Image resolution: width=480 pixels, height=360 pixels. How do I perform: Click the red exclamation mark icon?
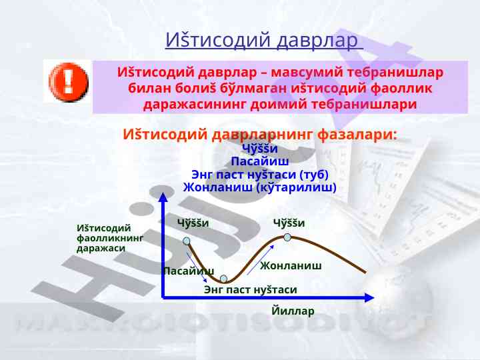69,82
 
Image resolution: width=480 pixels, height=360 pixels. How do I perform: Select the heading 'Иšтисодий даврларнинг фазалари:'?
259,134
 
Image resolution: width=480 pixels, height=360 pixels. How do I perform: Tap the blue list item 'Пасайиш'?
259,161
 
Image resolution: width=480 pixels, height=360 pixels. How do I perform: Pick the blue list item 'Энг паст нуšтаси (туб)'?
260,175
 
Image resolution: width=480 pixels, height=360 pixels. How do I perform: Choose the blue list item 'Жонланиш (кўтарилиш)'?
259,187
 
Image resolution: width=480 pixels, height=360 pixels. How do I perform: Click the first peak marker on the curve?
187,241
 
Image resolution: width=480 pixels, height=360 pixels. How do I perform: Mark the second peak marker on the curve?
287,237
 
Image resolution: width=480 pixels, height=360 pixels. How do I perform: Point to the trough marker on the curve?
224,279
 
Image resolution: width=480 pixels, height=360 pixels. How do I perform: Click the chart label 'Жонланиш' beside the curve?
291,265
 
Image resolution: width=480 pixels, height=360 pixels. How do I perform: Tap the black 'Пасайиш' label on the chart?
189,271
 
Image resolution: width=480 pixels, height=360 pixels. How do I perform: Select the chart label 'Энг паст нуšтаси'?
251,289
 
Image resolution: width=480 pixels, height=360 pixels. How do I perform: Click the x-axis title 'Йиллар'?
293,311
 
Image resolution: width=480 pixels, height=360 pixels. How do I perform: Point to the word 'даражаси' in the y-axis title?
101,248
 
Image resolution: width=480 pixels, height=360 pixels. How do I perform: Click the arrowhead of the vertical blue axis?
163,197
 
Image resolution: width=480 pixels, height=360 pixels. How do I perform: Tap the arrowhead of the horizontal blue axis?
369,297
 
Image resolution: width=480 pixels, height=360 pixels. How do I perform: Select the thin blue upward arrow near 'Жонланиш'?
261,260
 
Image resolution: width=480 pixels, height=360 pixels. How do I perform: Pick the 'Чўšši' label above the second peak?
289,223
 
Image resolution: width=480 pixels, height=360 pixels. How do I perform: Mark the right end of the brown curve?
365,272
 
